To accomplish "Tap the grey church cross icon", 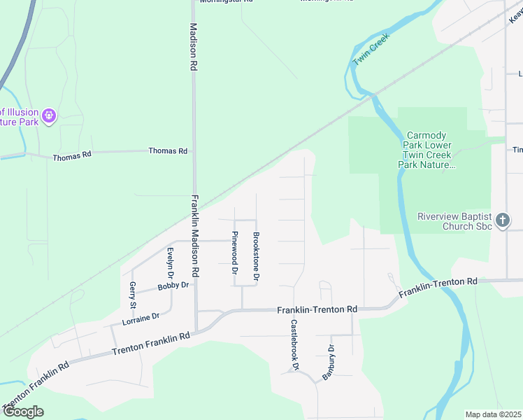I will (x=502, y=221).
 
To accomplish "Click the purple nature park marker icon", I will (x=49, y=115).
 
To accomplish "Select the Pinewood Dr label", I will (x=235, y=251).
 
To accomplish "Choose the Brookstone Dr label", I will (x=257, y=257).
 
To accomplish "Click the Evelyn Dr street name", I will (x=169, y=265).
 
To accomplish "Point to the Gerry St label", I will (x=132, y=295).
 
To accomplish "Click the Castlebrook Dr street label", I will (x=295, y=345).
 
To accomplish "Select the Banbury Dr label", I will (x=329, y=363).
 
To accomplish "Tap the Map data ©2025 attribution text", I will (x=493, y=414).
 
